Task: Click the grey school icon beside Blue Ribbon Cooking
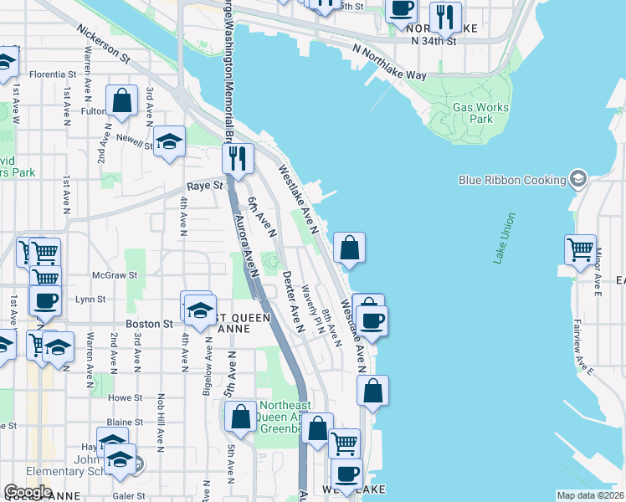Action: [577, 179]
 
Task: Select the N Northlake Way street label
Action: [389, 63]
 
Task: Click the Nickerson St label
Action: [103, 44]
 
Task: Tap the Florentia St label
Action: [54, 74]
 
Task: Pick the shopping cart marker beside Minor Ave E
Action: [580, 248]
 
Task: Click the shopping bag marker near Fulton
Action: [122, 100]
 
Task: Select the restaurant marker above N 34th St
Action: [444, 14]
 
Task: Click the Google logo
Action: [28, 492]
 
